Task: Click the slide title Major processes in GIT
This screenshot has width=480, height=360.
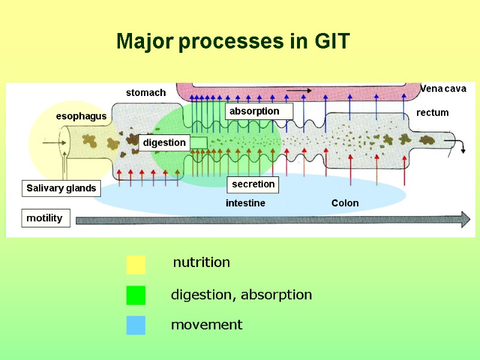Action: click(233, 42)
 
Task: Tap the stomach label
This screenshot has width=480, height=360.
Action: click(145, 93)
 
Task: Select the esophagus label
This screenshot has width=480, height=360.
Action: click(81, 116)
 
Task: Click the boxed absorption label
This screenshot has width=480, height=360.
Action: click(259, 111)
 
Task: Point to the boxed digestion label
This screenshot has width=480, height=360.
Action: click(164, 143)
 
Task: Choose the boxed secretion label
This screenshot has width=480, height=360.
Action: click(253, 184)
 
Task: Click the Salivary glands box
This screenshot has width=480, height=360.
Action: click(61, 188)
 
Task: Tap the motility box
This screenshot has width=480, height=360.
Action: click(45, 218)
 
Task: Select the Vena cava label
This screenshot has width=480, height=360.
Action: click(443, 89)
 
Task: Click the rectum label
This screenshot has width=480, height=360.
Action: click(432, 113)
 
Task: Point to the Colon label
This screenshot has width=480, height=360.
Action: click(345, 203)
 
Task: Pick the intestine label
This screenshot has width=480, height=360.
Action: click(245, 203)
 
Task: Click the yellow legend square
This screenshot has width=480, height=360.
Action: click(136, 264)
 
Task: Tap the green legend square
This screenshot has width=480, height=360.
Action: click(136, 295)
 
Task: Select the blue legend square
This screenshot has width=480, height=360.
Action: click(136, 325)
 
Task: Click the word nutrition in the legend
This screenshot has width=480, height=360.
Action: click(201, 263)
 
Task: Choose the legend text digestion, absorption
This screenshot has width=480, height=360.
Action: click(241, 295)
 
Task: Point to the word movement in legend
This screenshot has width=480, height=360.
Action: click(206, 325)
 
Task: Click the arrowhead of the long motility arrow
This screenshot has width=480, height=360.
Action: click(464, 219)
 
